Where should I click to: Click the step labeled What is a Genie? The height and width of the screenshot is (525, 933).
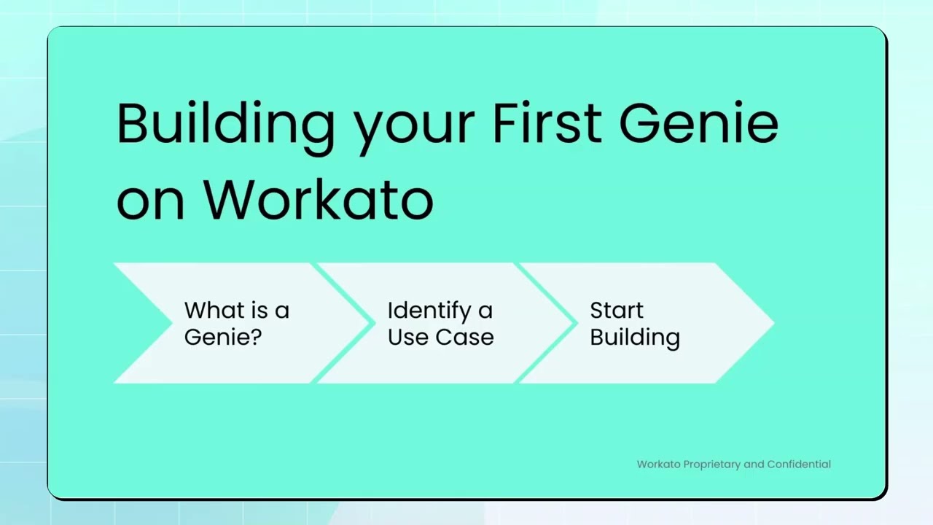236,323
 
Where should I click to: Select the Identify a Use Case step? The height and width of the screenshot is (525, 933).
440,323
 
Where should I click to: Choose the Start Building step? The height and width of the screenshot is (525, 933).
634,323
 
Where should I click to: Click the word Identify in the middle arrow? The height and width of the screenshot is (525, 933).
429,311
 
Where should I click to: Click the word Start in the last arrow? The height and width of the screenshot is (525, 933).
617,310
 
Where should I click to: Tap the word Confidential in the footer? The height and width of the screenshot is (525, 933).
799,464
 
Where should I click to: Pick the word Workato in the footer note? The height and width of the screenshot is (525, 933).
659,464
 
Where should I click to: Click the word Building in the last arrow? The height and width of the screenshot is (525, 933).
634,338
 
